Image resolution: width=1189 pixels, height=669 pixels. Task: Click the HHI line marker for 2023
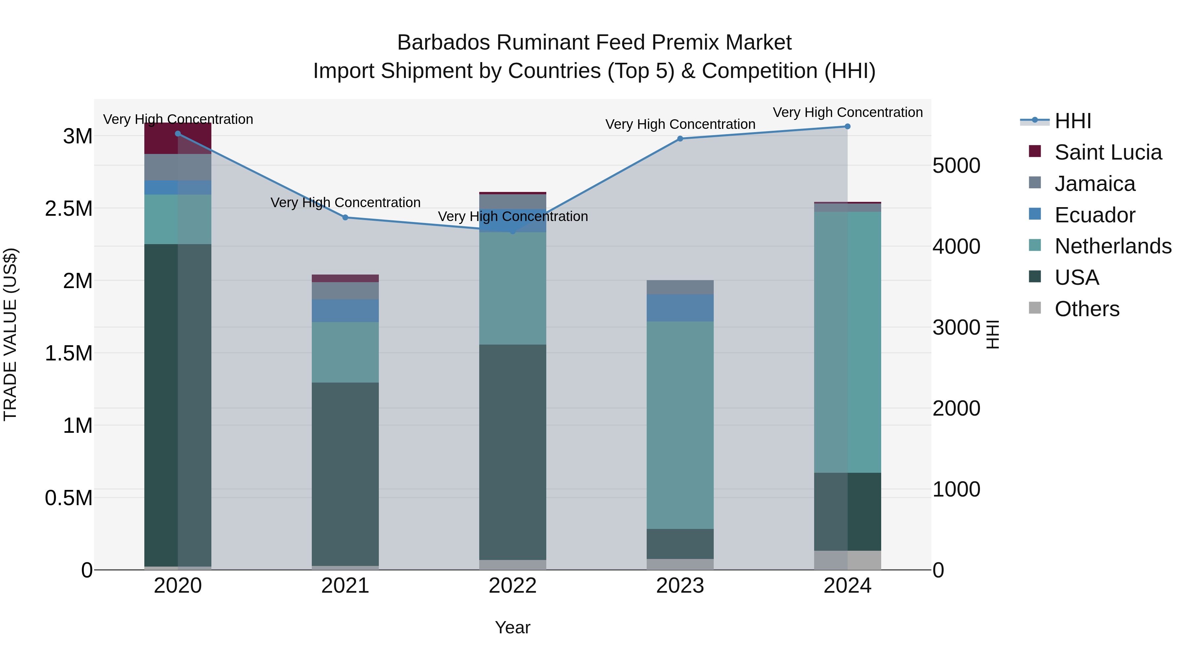pyautogui.click(x=680, y=138)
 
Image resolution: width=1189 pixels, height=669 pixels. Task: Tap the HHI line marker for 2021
pyautogui.click(x=345, y=217)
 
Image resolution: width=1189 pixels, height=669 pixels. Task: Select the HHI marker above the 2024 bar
pyautogui.click(x=847, y=127)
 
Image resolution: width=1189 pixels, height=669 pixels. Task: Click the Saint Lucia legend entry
pyautogui.click(x=1108, y=152)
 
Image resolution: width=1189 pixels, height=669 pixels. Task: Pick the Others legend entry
pyautogui.click(x=1087, y=309)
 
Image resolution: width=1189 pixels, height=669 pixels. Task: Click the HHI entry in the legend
pyautogui.click(x=1073, y=121)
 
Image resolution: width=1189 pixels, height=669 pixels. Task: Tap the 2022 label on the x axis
pyautogui.click(x=512, y=586)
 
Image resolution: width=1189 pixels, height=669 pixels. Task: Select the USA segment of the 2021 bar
pyautogui.click(x=345, y=473)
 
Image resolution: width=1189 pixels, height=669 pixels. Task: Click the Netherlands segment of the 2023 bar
pyautogui.click(x=680, y=425)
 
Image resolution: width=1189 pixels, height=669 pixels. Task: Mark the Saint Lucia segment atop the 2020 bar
pyautogui.click(x=178, y=138)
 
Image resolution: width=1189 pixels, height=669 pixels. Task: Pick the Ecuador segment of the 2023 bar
pyautogui.click(x=680, y=308)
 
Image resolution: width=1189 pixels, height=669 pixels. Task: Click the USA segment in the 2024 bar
pyautogui.click(x=847, y=511)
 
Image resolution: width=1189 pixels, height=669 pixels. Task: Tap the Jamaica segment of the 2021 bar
pyautogui.click(x=345, y=290)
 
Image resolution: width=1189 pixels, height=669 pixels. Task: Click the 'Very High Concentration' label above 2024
pyautogui.click(x=847, y=112)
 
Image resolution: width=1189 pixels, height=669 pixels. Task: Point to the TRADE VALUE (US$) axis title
pyautogui.click(x=10, y=334)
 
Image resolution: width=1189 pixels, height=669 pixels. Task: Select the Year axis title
pyautogui.click(x=512, y=627)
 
